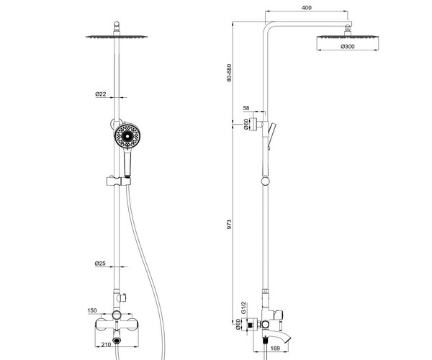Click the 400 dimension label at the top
[x=307, y=8]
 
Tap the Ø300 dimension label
[x=348, y=47]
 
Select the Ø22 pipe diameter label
[x=101, y=94]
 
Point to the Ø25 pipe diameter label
[x=100, y=264]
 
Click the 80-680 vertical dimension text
[x=229, y=73]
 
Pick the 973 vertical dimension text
[x=229, y=224]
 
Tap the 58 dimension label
[x=246, y=108]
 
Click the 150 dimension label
[x=92, y=310]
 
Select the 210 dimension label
[x=106, y=344]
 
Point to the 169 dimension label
[x=275, y=348]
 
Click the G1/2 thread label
[x=243, y=307]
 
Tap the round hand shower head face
[x=127, y=136]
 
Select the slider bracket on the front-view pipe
[x=119, y=181]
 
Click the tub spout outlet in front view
[x=117, y=341]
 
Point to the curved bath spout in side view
[x=277, y=338]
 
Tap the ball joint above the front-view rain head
[x=117, y=27]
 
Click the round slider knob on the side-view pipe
[x=266, y=181]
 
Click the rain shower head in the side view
[x=348, y=37]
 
